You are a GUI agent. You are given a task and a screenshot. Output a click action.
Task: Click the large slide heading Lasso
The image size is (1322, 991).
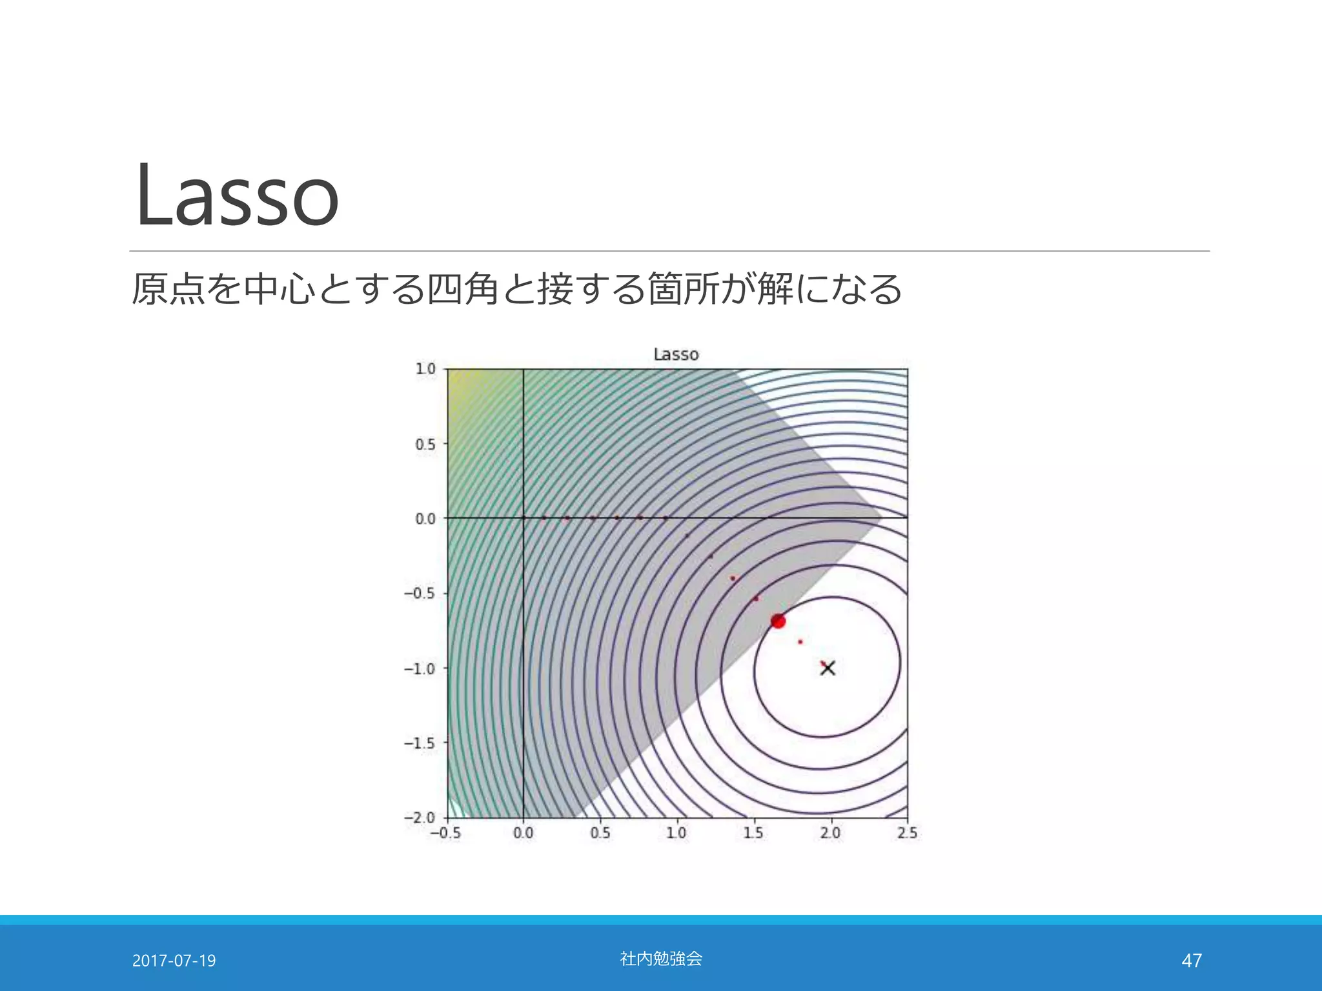[237, 195]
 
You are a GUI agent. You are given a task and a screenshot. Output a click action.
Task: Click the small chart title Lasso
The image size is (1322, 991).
[676, 354]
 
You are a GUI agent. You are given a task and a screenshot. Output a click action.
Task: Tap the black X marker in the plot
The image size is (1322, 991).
[828, 668]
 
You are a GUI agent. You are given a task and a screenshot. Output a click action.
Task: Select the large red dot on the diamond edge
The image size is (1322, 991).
[778, 621]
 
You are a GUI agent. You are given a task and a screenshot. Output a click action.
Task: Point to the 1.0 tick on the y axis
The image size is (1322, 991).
[425, 369]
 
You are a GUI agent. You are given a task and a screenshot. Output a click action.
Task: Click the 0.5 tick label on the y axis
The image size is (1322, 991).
[425, 445]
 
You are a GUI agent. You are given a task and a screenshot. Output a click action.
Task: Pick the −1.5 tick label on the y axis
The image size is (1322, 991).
[420, 743]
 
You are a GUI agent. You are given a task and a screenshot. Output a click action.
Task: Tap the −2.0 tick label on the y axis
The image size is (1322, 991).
[420, 817]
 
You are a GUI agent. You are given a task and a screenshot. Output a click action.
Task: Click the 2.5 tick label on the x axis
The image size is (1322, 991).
[907, 833]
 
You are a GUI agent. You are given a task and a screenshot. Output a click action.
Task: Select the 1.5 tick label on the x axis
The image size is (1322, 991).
[753, 833]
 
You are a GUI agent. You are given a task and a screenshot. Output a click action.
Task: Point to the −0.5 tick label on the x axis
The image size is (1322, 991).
[445, 833]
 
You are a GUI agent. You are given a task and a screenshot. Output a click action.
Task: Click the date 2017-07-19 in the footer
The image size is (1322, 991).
[174, 961]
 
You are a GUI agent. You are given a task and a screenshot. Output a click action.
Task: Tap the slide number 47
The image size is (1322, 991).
[1191, 961]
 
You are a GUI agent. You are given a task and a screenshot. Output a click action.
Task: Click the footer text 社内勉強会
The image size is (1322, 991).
[661, 959]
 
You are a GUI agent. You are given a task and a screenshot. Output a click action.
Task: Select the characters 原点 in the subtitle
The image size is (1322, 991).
[168, 289]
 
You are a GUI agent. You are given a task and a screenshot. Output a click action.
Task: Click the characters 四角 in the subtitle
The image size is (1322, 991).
[463, 289]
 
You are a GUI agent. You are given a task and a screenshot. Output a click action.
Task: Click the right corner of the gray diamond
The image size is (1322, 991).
[879, 518]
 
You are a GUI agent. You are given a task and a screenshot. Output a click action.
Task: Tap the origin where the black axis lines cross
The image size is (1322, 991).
[523, 517]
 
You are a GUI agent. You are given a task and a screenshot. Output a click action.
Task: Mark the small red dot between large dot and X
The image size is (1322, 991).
[800, 642]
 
